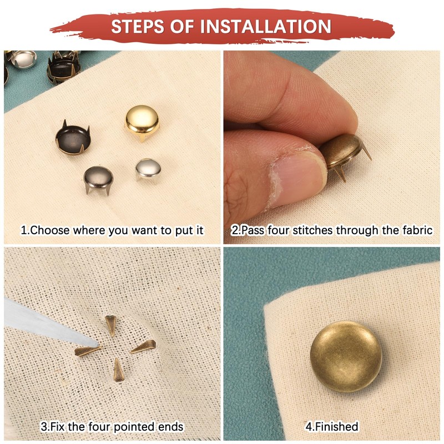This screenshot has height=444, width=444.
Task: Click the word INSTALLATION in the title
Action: point(266,26)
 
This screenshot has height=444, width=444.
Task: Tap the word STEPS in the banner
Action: point(138,26)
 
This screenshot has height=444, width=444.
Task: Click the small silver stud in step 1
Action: point(148,170)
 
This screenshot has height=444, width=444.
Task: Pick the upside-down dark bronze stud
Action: point(73,138)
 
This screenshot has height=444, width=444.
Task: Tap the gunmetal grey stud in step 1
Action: point(99,179)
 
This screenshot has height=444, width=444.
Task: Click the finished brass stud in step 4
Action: point(346,357)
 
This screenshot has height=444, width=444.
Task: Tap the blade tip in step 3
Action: point(99,345)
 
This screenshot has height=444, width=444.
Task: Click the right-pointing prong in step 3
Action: point(143,347)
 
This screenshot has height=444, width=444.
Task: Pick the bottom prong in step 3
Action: point(118,370)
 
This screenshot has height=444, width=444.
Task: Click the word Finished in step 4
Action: point(337,426)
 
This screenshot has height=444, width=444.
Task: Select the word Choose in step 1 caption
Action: point(49,230)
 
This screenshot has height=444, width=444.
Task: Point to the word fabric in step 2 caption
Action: point(417,230)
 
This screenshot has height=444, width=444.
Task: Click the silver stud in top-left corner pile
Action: point(23,59)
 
